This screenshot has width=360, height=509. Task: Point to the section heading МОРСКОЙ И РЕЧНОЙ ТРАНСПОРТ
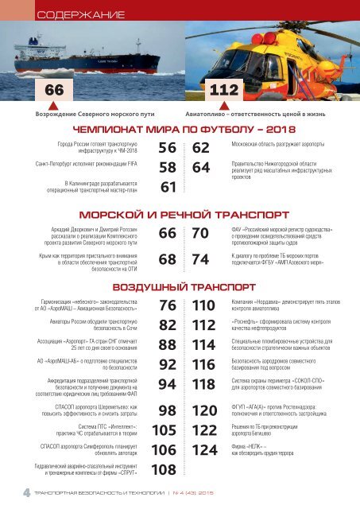(x=180, y=216)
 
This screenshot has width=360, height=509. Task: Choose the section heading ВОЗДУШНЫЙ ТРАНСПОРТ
(x=180, y=286)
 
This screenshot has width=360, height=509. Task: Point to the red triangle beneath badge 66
(x=52, y=105)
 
